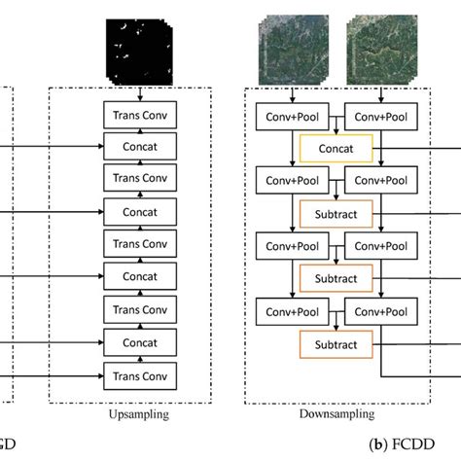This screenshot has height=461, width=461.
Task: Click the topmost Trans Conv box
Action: point(143,116)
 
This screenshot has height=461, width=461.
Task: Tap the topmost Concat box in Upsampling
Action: point(143,147)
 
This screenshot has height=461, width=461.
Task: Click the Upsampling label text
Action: point(142,413)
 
